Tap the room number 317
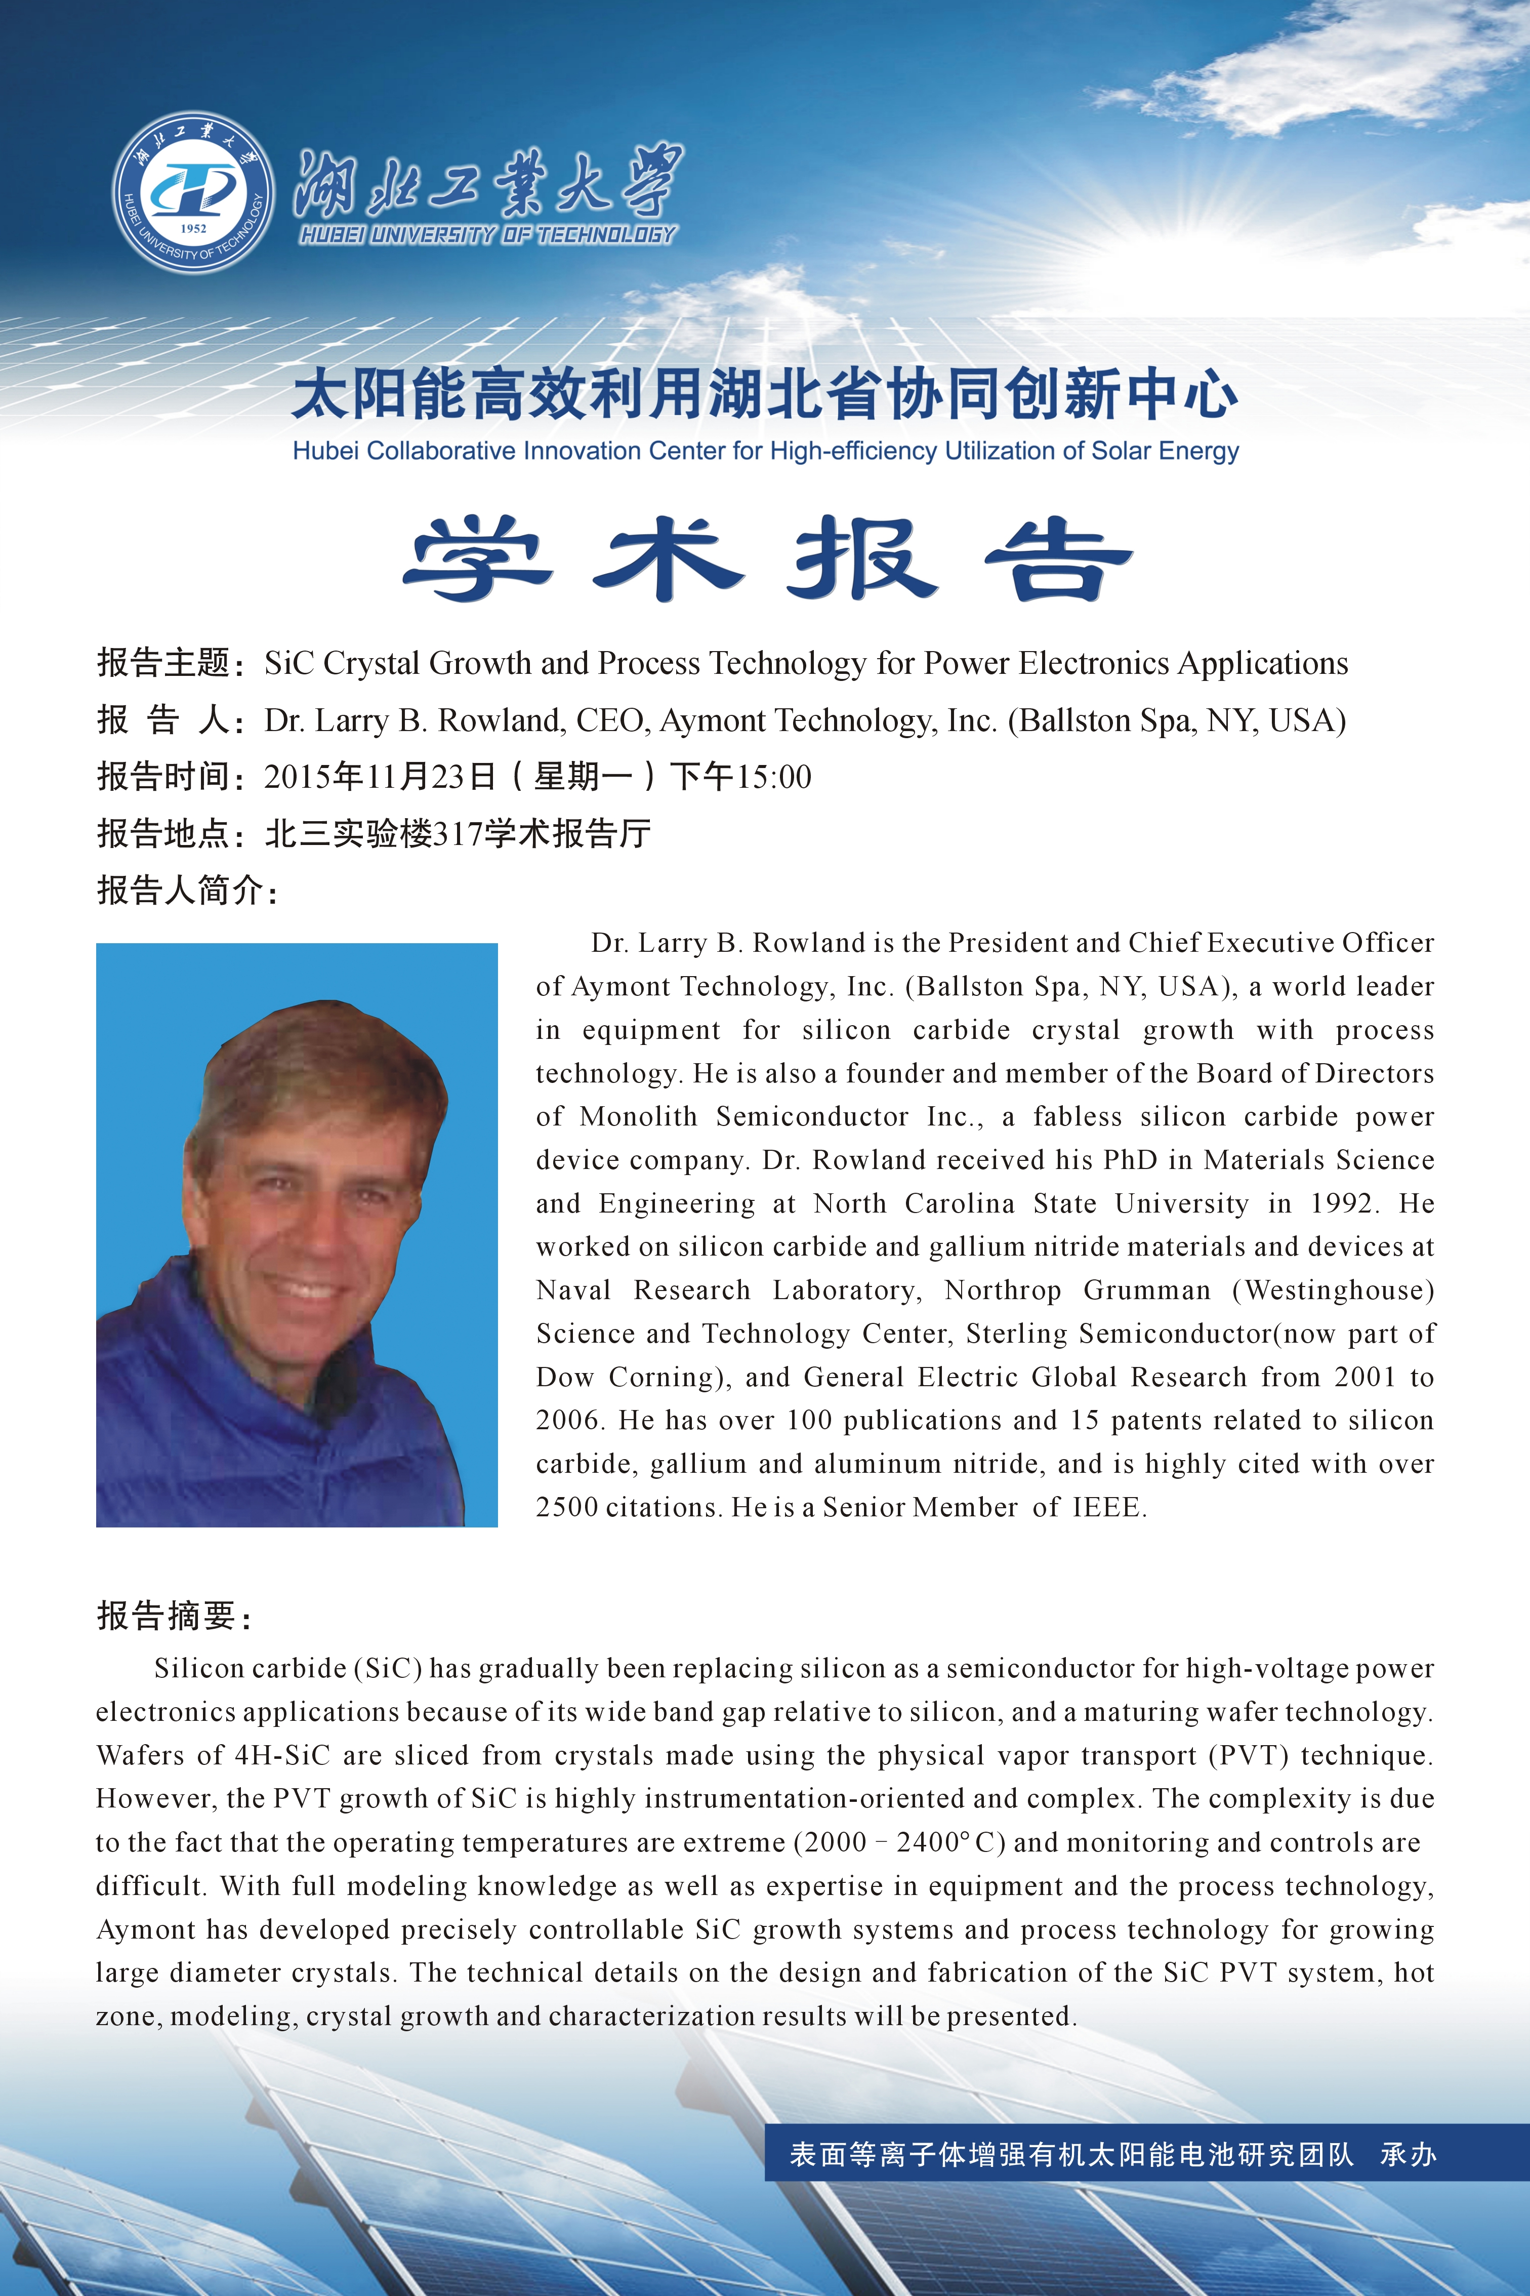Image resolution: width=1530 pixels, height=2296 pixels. point(458,833)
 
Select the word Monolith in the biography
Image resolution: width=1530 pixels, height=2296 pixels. point(638,1116)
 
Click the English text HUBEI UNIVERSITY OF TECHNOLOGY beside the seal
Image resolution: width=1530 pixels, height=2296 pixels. point(488,234)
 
